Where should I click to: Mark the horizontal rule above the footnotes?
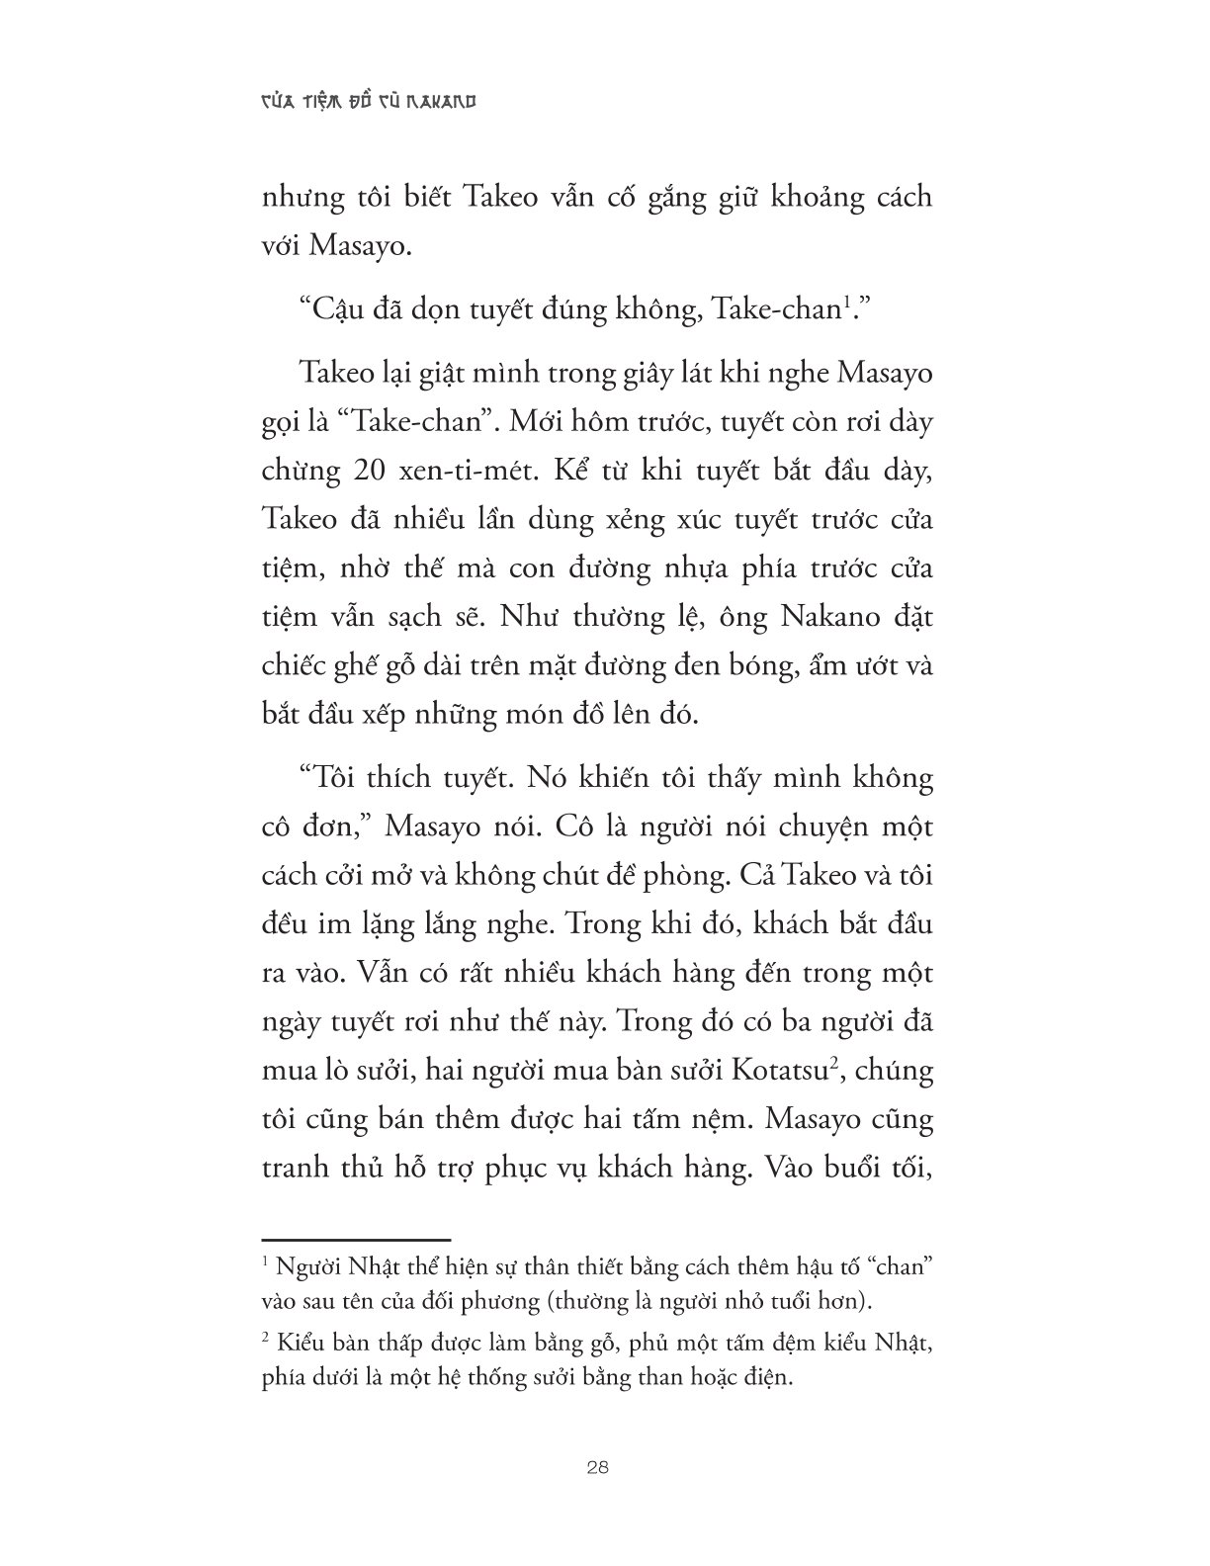[355, 1238]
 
